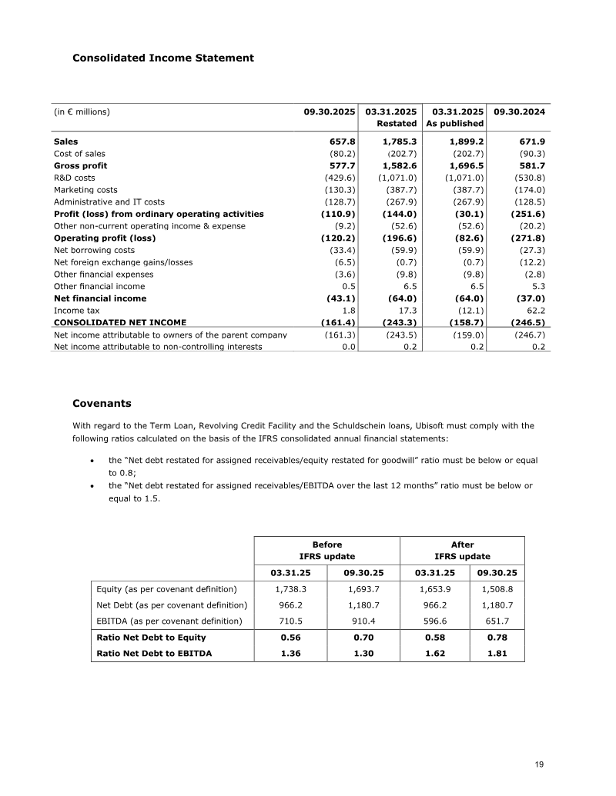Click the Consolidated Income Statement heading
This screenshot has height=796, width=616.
162,58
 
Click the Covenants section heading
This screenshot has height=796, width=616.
102,403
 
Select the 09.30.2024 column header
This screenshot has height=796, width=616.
519,112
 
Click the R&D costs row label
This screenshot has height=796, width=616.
75,178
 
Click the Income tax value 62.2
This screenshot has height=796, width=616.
536,311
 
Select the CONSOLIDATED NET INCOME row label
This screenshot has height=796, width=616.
120,323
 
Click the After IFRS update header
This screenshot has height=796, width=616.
462,550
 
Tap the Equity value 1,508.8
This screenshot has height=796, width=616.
497,589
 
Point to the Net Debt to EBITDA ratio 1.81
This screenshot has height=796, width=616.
497,653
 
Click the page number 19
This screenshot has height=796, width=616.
539,764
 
